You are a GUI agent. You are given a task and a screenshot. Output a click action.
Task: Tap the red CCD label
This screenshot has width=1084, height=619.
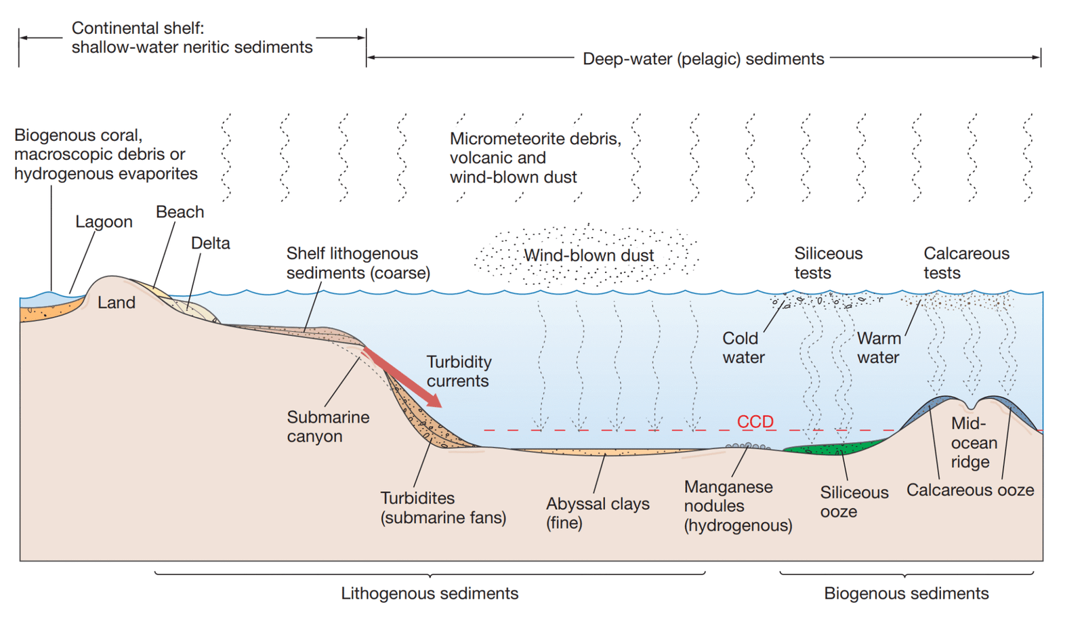(755, 422)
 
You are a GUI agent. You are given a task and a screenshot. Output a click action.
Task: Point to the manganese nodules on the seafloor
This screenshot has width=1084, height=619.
(747, 446)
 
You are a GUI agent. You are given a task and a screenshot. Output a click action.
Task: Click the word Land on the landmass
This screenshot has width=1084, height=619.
(117, 303)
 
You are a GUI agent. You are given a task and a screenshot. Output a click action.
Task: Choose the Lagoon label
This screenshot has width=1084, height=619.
(104, 222)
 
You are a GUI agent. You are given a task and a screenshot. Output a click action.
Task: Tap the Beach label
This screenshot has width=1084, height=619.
(180, 212)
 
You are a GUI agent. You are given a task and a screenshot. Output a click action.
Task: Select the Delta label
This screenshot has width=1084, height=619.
(210, 243)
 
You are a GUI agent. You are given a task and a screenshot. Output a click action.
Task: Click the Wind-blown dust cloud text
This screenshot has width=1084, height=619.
(588, 255)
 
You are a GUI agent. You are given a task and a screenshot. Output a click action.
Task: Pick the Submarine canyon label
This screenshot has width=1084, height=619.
(327, 427)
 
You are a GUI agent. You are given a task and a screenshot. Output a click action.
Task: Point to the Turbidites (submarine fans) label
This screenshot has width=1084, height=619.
(443, 508)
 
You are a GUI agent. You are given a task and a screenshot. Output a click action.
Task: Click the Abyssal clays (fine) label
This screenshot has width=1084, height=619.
(597, 513)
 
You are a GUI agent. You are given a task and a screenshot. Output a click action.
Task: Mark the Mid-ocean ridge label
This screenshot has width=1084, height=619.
(974, 443)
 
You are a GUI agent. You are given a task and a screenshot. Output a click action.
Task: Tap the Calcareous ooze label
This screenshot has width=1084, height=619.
(970, 490)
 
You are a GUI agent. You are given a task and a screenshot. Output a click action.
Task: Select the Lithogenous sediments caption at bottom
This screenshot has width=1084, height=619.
(429, 594)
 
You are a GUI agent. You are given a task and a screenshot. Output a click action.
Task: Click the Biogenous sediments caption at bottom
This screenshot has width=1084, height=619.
(906, 594)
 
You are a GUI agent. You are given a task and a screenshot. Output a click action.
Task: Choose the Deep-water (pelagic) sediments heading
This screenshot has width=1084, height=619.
(703, 59)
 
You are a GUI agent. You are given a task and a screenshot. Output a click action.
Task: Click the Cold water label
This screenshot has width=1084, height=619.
(743, 347)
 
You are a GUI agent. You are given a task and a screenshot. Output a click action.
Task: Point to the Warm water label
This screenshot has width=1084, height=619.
(878, 347)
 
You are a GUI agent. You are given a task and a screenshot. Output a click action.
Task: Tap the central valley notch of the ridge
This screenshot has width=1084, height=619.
(973, 406)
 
